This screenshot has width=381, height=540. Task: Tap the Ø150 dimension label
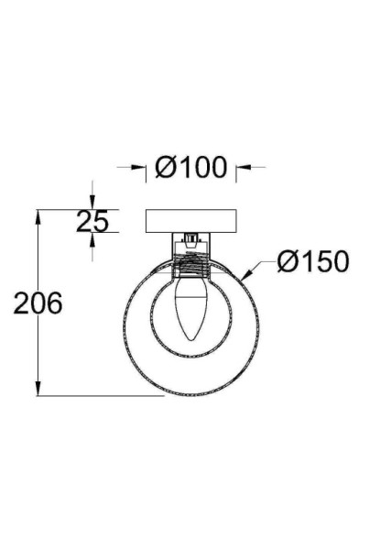pyautogui.click(x=312, y=262)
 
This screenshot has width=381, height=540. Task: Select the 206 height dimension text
pyautogui.click(x=38, y=303)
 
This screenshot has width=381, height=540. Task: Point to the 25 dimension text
pyautogui.click(x=93, y=221)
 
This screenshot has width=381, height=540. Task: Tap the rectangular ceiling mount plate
pyautogui.click(x=191, y=221)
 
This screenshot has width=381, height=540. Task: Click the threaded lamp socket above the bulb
pyautogui.click(x=191, y=270)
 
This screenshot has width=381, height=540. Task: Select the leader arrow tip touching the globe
pyautogui.click(x=245, y=278)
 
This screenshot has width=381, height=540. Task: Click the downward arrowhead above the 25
pyautogui.click(x=93, y=204)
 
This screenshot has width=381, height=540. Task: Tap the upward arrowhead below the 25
pyautogui.click(x=93, y=237)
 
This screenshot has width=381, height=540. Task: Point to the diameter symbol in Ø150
pyautogui.click(x=285, y=262)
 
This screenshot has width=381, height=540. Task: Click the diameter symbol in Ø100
pyautogui.click(x=165, y=168)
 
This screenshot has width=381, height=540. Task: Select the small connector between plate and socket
pyautogui.click(x=191, y=242)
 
